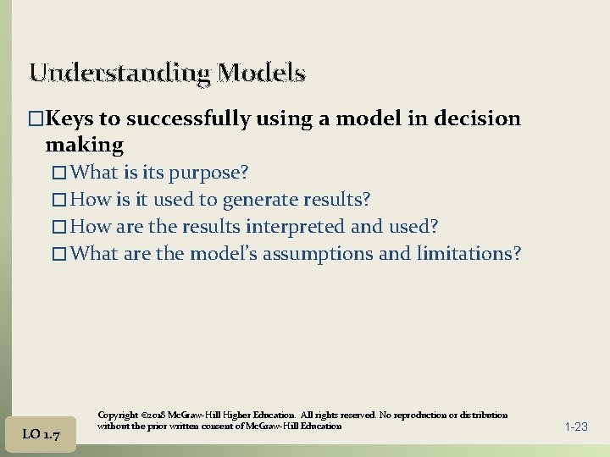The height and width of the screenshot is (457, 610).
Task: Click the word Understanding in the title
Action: [119, 73]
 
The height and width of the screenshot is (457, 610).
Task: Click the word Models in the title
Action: [261, 73]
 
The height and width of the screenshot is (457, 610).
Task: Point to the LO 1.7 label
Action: [41, 434]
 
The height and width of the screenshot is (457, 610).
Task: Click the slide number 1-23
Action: [575, 427]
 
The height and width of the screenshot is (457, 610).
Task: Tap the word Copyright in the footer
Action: [118, 416]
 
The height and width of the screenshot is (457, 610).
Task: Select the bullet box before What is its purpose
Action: [58, 173]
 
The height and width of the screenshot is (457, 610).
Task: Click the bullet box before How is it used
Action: [58, 201]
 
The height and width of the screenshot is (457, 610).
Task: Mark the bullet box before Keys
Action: [36, 118]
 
